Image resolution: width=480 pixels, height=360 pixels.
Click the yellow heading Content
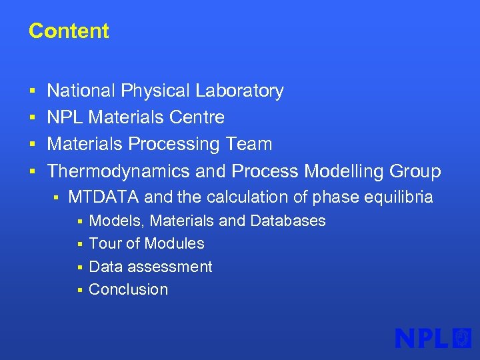coord(69,31)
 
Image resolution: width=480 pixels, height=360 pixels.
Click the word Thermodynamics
coord(119,171)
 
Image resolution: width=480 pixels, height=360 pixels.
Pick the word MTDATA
coord(104,197)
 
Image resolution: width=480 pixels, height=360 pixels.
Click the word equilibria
coord(397,197)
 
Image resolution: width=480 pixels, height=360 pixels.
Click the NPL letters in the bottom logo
coord(421,338)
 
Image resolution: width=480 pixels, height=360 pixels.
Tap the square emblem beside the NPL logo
coord(462,338)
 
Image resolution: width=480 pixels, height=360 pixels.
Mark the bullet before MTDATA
coord(57,198)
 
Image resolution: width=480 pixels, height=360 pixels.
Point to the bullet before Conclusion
coord(79,290)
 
